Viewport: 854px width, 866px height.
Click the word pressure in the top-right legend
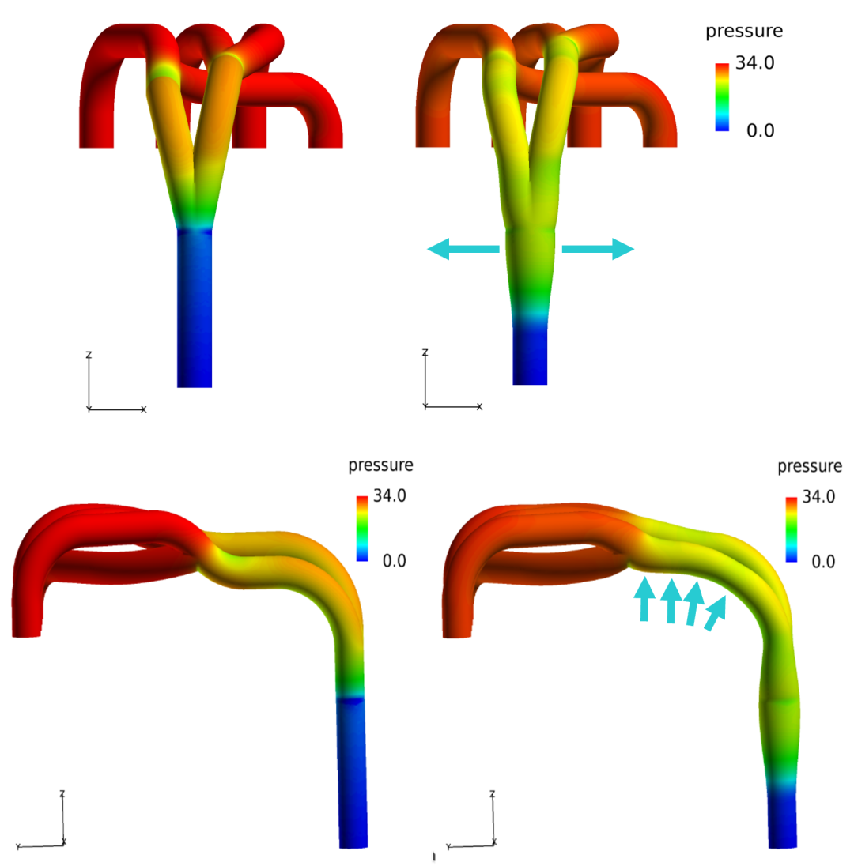point(744,32)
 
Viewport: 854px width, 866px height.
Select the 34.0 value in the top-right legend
point(754,63)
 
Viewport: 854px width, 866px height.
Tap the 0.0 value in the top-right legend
point(760,131)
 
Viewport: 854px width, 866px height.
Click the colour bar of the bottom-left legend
point(362,529)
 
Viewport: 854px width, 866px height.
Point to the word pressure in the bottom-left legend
point(380,465)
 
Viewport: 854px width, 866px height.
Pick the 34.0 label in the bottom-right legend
point(818,496)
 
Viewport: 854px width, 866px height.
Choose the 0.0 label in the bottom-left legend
point(394,561)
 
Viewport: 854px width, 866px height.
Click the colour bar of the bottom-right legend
point(791,529)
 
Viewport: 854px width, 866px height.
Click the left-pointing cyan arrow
point(463,249)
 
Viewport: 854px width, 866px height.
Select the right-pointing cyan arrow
point(598,249)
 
